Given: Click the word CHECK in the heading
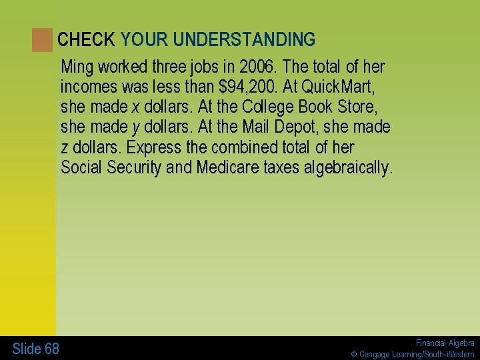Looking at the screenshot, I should (x=86, y=40).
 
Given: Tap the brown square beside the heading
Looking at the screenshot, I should (x=42, y=40).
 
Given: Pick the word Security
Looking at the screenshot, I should (x=131, y=167).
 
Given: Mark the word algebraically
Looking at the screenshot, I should (x=347, y=167).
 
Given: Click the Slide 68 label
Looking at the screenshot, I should (x=35, y=349).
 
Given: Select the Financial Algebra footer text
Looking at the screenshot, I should (x=445, y=343).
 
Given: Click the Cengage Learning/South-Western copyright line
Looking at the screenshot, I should (x=413, y=354).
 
